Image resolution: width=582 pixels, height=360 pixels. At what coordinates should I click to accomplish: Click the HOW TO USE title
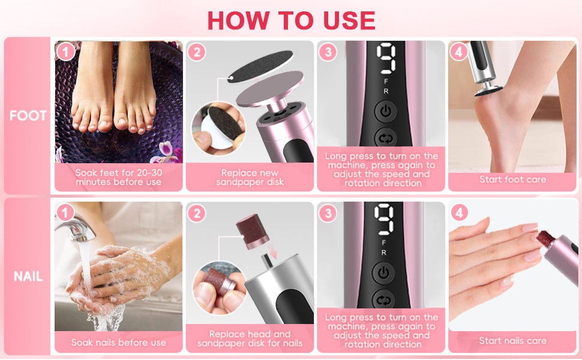(291, 20)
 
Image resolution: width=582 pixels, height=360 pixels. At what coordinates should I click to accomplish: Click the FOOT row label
(28, 116)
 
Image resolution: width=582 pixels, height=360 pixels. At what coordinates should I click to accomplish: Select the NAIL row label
(28, 277)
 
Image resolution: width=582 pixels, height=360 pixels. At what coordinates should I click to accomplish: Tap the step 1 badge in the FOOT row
(65, 52)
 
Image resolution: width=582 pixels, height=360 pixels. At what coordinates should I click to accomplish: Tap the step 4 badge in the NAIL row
(459, 213)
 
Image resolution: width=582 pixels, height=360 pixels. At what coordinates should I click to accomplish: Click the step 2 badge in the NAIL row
(196, 213)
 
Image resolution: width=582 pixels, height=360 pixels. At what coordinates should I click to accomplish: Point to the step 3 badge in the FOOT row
(327, 52)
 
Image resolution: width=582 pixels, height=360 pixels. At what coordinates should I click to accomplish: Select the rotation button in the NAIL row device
(383, 299)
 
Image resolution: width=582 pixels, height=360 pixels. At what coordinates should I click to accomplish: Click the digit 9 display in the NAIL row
(384, 220)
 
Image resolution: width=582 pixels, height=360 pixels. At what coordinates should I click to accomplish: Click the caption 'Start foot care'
(512, 179)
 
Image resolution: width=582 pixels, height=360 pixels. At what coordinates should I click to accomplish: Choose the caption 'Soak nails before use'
(118, 342)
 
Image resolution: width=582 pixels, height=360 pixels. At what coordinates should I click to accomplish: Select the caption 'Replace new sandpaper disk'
(250, 178)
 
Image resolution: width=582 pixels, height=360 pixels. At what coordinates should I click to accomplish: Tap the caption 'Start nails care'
(512, 341)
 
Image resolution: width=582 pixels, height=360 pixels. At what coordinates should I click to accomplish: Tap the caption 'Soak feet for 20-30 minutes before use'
(118, 177)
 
